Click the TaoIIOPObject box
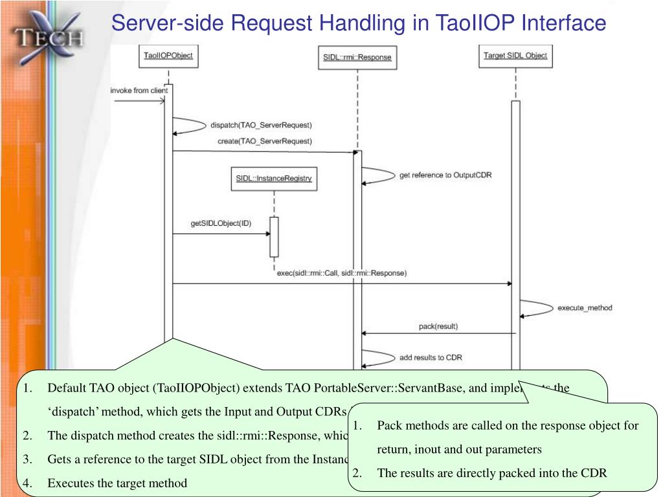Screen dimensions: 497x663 coord(168,56)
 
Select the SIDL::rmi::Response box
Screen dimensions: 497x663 coord(357,58)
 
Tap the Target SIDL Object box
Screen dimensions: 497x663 coord(515,56)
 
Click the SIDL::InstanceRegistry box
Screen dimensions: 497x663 coord(274,179)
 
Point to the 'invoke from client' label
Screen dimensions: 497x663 coord(139,91)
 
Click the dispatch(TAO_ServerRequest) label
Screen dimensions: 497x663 coord(261,124)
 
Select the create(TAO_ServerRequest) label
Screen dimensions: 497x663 coord(264,141)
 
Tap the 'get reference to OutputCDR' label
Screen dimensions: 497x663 coord(445,175)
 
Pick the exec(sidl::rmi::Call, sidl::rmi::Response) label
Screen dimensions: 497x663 coord(341,273)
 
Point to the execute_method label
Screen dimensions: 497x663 coord(585,308)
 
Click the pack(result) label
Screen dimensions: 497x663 coord(438,327)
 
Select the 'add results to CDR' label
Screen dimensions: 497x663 coord(431,357)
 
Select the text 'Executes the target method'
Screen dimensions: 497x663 coord(117,483)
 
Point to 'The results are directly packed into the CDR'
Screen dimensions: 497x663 coord(492,473)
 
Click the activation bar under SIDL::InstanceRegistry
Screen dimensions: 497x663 coord(275,237)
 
